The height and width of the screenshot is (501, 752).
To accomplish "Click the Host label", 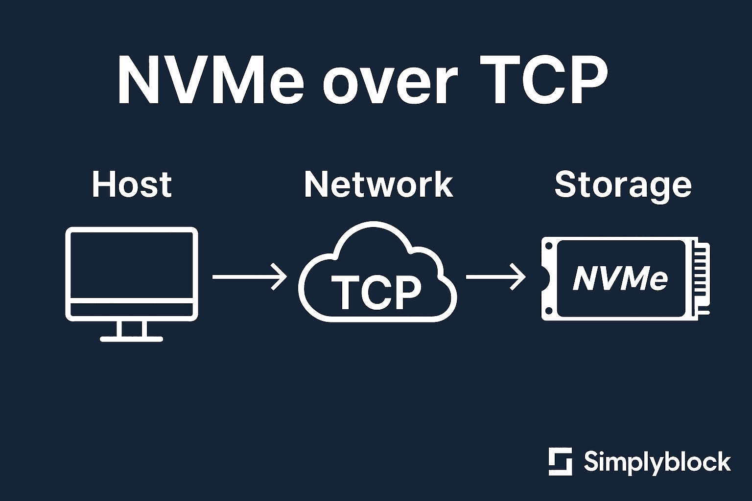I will coord(132,184).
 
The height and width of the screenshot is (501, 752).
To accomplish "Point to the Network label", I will coord(378,184).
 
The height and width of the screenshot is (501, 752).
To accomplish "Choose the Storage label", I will coord(623,185).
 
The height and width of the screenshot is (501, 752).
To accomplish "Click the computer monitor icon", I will coord(132,274).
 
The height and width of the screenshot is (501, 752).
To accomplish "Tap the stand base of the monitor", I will coord(132,338).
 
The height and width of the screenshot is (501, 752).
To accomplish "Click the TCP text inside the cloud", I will coord(376,292).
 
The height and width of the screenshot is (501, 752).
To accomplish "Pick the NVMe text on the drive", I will coord(620,278).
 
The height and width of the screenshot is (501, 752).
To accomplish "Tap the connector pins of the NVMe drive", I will coord(702,278).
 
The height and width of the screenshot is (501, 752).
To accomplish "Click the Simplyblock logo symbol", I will coord(560,461).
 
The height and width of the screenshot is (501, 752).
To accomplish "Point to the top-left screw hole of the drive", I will coord(548,246).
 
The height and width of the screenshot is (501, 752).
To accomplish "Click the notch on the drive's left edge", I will coord(545,278).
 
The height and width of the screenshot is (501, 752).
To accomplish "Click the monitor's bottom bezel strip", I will coord(132,310).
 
